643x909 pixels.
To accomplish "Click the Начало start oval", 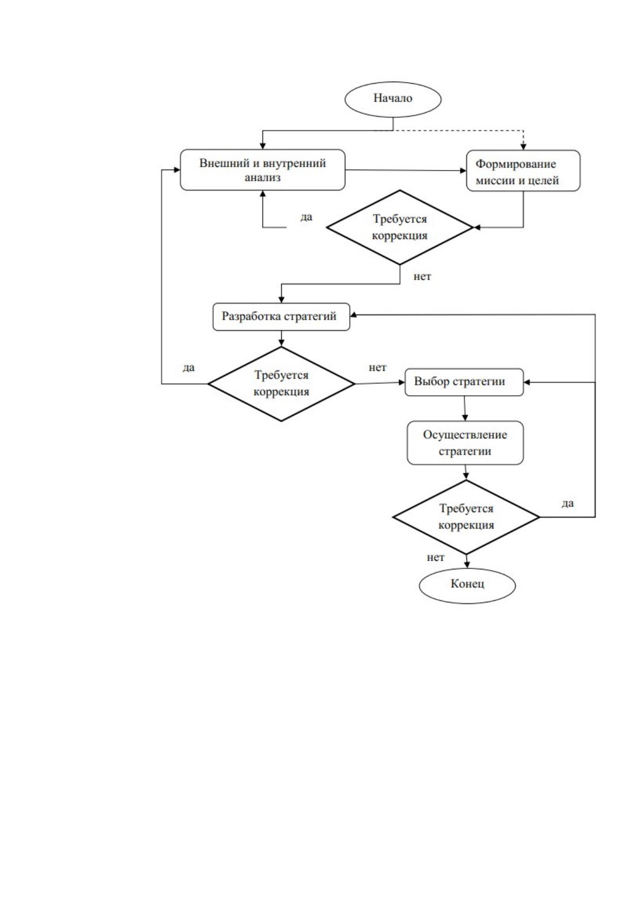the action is tap(392, 99).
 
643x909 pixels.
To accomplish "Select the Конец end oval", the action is tap(467, 586).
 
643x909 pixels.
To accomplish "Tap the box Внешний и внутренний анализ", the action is tap(262, 169).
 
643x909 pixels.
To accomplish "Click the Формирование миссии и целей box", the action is tap(523, 171).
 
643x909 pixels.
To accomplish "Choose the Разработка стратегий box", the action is tap(281, 316).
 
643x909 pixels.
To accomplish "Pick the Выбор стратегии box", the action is tap(464, 382).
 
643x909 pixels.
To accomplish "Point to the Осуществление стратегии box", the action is tap(465, 442).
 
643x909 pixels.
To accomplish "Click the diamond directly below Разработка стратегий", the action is tap(281, 384).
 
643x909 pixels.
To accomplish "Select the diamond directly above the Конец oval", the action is tap(466, 517).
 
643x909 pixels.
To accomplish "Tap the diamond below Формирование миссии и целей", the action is tap(400, 227).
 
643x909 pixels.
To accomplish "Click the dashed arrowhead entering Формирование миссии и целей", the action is tap(523, 146).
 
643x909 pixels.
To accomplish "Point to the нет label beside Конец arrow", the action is tap(435, 558).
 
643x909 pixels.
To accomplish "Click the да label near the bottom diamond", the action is tap(567, 504).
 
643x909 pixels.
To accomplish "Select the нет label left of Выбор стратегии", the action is tap(377, 368).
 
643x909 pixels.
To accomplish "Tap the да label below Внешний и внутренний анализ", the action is tap(306, 217).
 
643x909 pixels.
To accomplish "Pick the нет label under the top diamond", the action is tap(422, 277).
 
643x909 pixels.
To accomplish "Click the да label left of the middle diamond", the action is tap(188, 368).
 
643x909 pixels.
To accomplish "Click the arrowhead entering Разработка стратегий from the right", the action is tap(354, 315).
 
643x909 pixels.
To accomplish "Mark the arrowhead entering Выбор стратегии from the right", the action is tap(527, 382).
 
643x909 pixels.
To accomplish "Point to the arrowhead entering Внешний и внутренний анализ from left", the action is tap(177, 169).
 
